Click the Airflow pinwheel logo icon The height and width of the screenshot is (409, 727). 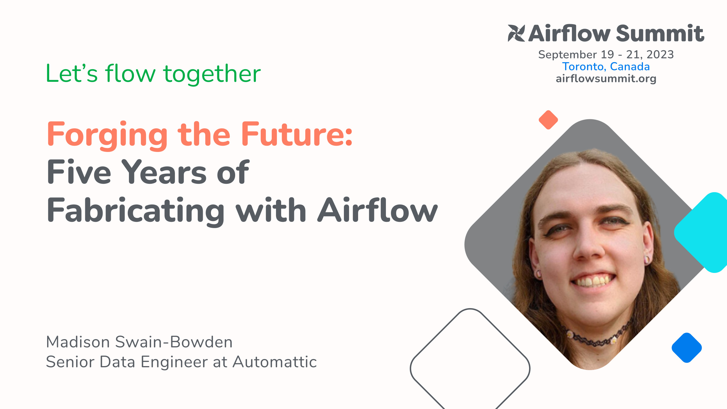pyautogui.click(x=516, y=33)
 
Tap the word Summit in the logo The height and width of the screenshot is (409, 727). pyautogui.click(x=660, y=34)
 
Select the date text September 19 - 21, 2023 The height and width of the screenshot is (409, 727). pyautogui.click(x=606, y=55)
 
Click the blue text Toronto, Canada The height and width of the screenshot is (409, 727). pyautogui.click(x=606, y=67)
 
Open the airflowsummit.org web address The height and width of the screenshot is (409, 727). pyautogui.click(x=606, y=79)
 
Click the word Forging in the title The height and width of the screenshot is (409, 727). pyautogui.click(x=107, y=134)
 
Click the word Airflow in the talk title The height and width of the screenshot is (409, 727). pyautogui.click(x=377, y=210)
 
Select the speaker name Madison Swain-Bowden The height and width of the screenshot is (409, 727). pyautogui.click(x=139, y=342)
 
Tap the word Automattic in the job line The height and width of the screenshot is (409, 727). pyautogui.click(x=275, y=362)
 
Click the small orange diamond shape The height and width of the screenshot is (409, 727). pyautogui.click(x=548, y=120)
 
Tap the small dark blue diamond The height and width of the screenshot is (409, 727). pyautogui.click(x=687, y=348)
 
